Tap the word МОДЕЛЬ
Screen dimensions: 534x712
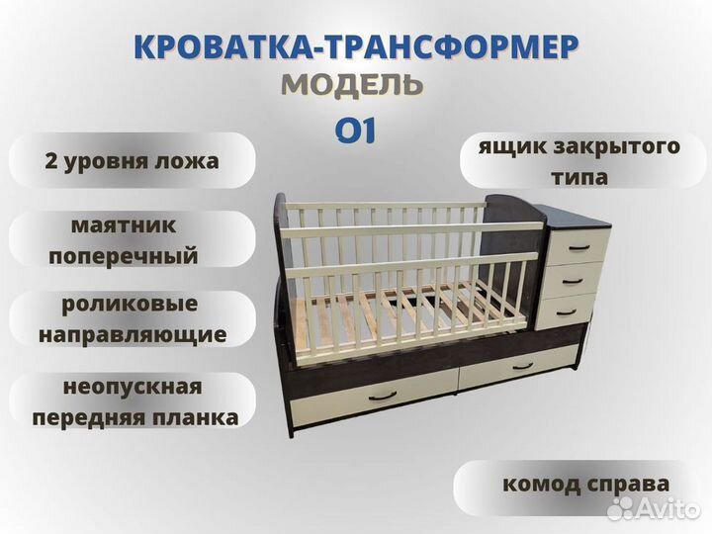353,85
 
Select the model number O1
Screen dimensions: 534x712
354,131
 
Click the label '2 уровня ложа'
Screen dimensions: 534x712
132,161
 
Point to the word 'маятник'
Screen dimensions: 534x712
124,225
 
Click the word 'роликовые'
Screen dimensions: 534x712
133,304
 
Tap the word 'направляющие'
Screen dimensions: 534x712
133,334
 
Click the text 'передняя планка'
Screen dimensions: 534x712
134,416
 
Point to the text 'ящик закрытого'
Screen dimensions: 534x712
579,147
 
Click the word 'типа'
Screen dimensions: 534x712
580,178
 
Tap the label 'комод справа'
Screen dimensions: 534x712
585,485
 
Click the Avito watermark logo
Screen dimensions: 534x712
653,509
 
